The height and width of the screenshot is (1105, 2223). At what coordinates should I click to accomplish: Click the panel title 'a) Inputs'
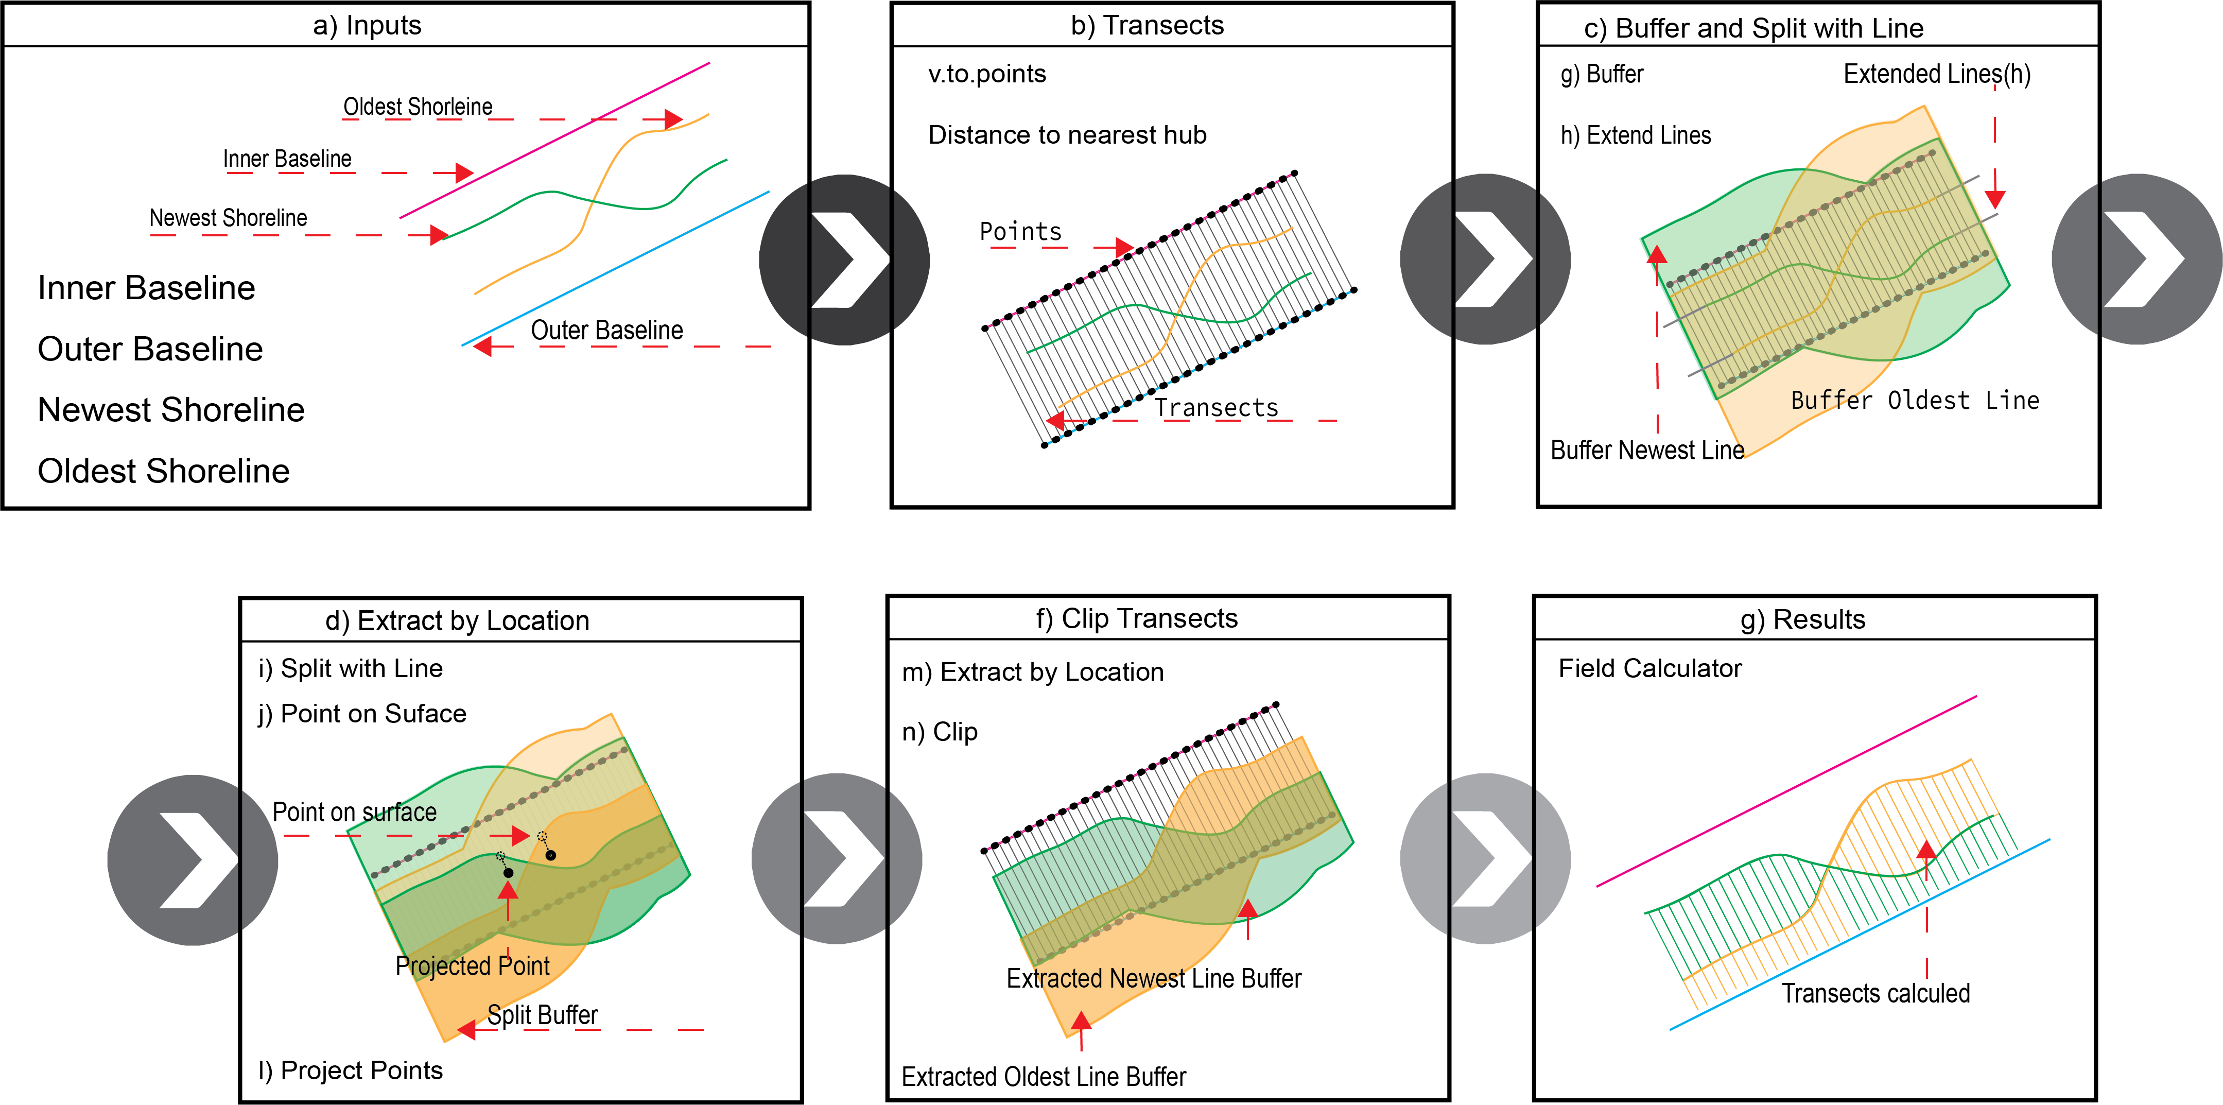367,26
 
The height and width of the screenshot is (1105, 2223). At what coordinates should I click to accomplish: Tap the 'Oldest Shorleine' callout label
418,107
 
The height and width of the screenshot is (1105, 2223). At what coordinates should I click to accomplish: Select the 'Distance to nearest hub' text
1067,135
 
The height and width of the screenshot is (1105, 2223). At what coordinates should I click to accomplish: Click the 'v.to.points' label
986,74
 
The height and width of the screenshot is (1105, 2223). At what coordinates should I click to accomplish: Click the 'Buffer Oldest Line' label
1914,401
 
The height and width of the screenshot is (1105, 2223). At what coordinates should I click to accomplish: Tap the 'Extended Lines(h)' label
1936,74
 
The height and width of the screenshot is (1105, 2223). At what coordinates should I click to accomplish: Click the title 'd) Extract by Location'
457,620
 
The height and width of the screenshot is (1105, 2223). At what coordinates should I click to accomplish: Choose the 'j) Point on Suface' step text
361,714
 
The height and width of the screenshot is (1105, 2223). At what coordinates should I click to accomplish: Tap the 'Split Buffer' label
542,1015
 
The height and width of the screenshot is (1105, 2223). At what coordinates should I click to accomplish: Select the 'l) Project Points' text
351,1071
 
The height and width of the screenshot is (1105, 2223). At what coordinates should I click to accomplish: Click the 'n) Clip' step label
939,732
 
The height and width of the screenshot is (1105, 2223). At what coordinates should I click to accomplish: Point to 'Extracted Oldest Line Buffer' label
1044,1077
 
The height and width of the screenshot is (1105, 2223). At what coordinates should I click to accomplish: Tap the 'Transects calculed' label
1876,994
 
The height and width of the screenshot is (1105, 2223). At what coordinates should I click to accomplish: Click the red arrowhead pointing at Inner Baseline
464,172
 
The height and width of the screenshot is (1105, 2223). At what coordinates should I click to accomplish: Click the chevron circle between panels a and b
844,259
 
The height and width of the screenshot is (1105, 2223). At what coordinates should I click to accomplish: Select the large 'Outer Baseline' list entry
150,349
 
